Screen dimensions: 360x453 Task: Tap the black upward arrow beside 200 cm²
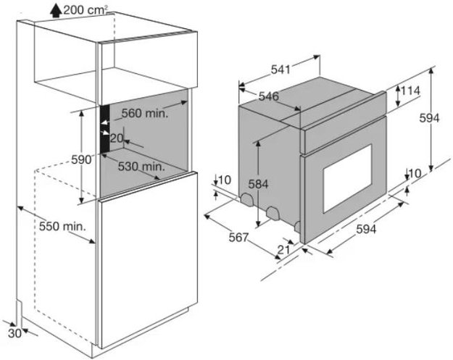(56, 9)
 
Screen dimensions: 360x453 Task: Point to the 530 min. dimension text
(140, 166)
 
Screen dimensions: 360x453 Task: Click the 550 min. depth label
(63, 226)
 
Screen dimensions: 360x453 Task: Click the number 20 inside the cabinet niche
(117, 138)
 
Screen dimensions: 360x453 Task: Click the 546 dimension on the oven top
(269, 96)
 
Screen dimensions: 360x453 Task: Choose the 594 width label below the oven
(367, 229)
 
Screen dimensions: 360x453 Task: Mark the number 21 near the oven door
(283, 249)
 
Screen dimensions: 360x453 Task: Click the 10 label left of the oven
(223, 179)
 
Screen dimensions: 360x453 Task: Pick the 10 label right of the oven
(415, 172)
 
